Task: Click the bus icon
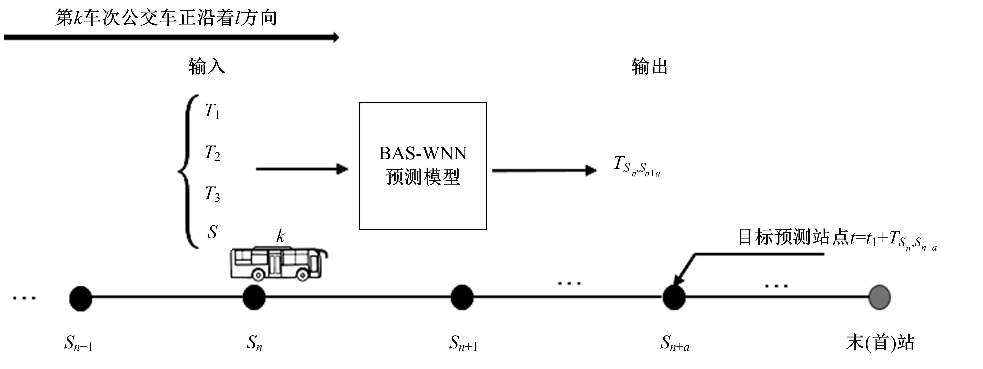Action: [x=278, y=264]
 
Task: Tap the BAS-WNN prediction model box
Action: [x=423, y=166]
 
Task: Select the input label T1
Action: [x=212, y=111]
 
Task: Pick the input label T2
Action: [x=212, y=153]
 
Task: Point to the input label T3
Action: [x=212, y=194]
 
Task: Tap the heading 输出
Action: [x=649, y=66]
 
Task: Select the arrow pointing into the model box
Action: [x=301, y=169]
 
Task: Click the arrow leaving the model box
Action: [x=544, y=170]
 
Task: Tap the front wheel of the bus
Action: [x=303, y=275]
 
